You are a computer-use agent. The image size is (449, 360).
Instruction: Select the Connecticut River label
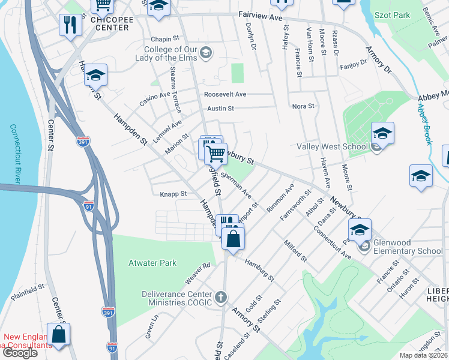click(12, 153)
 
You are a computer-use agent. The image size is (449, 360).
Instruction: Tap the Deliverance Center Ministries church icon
click(221, 297)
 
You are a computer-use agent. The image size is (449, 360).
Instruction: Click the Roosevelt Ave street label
click(225, 94)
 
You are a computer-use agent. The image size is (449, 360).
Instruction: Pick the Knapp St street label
click(173, 194)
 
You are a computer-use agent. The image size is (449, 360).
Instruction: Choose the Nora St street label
click(303, 106)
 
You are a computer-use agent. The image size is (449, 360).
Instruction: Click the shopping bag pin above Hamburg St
click(234, 238)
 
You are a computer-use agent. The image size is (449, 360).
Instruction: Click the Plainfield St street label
click(28, 293)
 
